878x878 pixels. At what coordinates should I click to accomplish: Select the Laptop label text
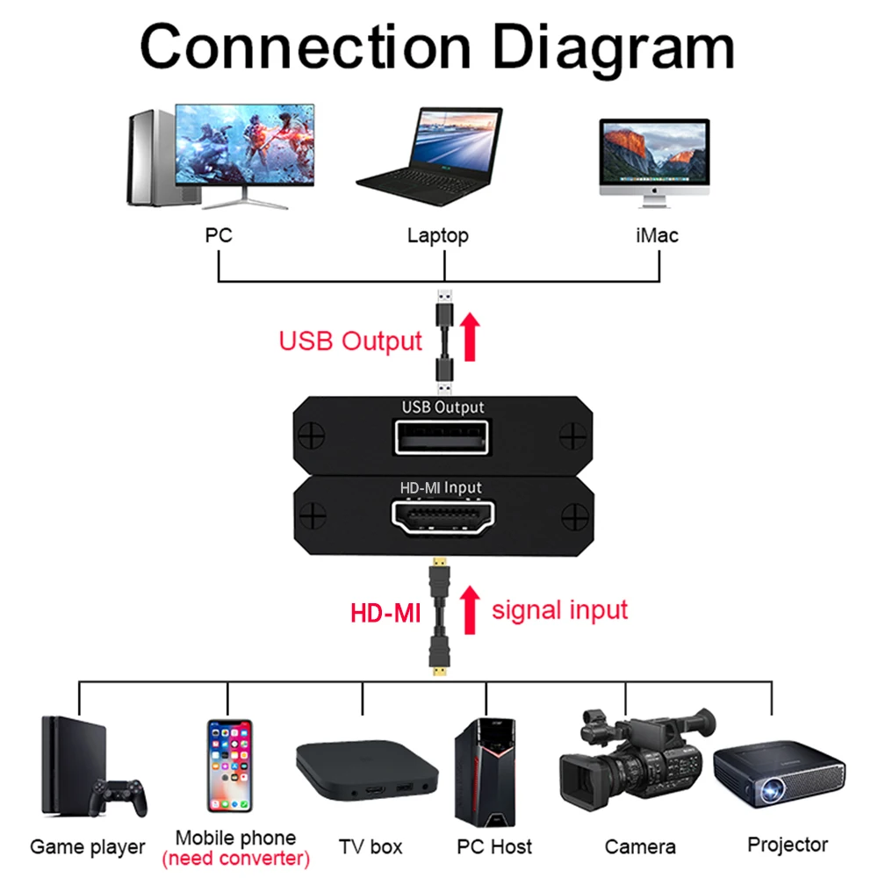coord(437,235)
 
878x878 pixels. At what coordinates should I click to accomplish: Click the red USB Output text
coord(350,341)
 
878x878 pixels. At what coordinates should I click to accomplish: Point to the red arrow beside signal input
coord(471,610)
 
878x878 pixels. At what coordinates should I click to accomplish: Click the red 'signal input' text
coord(559,609)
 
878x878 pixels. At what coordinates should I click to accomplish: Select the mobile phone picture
coord(229,765)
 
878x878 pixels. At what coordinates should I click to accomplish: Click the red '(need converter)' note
coord(236,859)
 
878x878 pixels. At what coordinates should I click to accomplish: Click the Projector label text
coord(788,845)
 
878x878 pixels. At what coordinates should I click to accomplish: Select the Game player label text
coord(87,847)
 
